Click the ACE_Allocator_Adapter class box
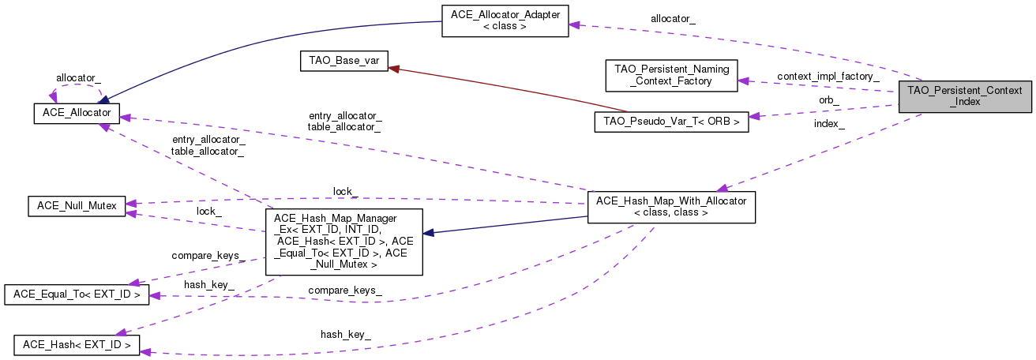(x=504, y=20)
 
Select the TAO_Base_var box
(x=343, y=62)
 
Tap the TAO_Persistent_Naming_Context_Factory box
(x=670, y=75)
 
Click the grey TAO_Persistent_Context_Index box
(x=964, y=95)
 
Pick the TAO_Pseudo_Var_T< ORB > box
(x=670, y=122)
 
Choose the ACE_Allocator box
(x=76, y=114)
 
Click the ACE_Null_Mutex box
(x=76, y=206)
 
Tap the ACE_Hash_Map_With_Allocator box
(x=671, y=206)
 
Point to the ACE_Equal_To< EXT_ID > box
(x=76, y=294)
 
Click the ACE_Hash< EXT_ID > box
(x=77, y=344)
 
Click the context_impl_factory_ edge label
(x=828, y=77)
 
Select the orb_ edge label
(x=828, y=100)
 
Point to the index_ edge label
(x=829, y=124)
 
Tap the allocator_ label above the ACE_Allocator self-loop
(x=77, y=78)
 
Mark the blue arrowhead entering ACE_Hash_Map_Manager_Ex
(x=428, y=233)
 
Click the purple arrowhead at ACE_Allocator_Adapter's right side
(x=574, y=25)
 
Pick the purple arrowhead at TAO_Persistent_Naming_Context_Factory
(x=743, y=80)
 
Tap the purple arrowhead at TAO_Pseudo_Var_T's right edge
(x=754, y=117)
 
